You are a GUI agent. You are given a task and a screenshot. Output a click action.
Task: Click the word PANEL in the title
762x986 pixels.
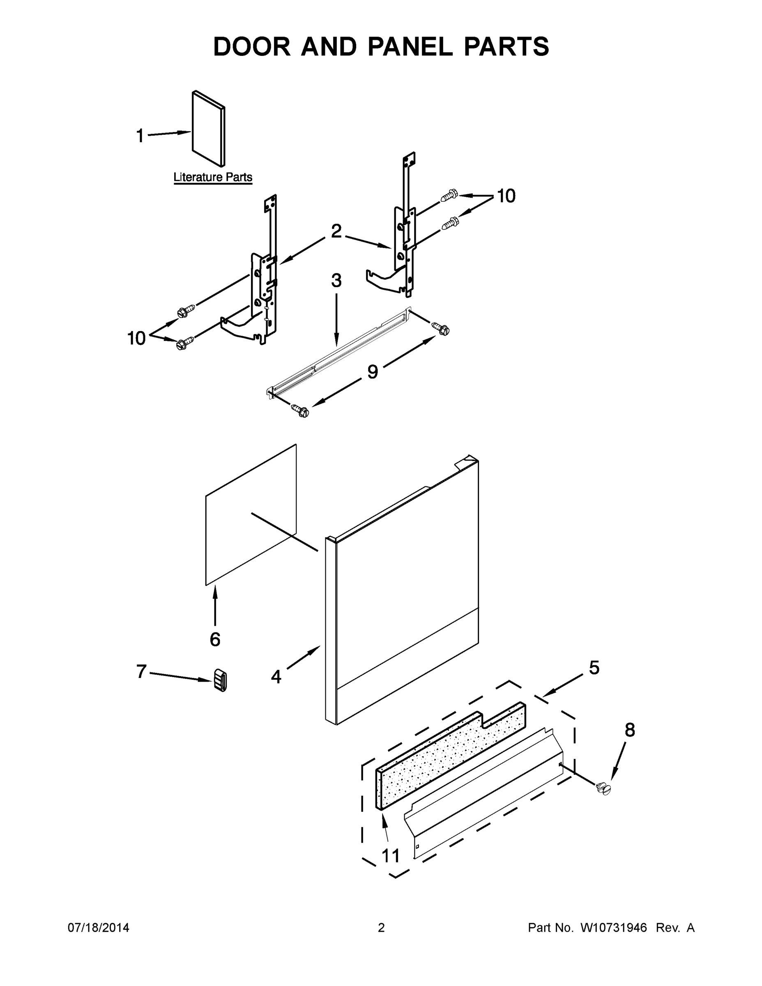click(410, 46)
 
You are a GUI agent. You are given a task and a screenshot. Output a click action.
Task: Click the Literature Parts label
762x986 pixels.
click(213, 177)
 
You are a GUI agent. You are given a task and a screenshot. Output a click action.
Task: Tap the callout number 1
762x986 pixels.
click(140, 136)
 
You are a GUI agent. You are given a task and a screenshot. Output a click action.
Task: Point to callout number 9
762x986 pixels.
click(373, 371)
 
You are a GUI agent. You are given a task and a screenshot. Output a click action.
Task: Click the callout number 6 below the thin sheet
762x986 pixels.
click(215, 639)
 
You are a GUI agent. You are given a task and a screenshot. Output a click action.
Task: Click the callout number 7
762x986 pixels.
click(141, 671)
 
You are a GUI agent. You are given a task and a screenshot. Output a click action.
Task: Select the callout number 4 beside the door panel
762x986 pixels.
click(276, 676)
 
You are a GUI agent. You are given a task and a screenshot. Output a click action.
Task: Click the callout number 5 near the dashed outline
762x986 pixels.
click(594, 667)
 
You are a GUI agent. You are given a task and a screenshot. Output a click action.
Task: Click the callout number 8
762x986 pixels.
click(629, 730)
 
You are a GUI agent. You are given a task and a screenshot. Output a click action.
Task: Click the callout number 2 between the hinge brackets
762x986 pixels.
click(336, 231)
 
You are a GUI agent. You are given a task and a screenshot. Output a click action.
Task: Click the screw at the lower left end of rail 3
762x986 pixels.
click(300, 410)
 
